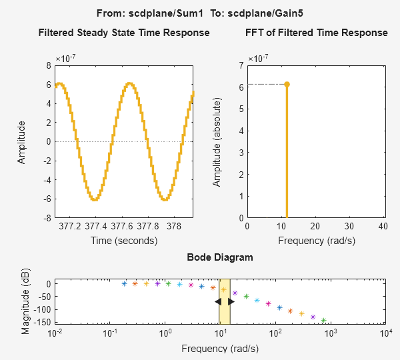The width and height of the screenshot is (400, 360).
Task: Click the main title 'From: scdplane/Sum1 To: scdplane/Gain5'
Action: point(199,13)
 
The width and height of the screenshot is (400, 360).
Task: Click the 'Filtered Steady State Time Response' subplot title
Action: point(124,33)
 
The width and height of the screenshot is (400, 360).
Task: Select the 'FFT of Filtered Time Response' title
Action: point(316,33)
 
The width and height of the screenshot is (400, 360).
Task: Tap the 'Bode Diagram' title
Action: point(220,257)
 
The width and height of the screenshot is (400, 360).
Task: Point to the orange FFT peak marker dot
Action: point(287,84)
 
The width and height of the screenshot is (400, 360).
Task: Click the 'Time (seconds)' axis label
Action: point(124,240)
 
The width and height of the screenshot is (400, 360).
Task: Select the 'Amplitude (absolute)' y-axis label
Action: point(217,141)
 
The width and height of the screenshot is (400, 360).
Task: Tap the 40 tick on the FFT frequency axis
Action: point(382,226)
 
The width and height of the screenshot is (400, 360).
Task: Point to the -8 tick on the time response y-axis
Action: point(47,218)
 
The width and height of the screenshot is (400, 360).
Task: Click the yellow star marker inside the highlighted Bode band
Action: point(224,289)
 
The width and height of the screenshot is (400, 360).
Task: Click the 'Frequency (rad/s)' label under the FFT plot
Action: point(316,240)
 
